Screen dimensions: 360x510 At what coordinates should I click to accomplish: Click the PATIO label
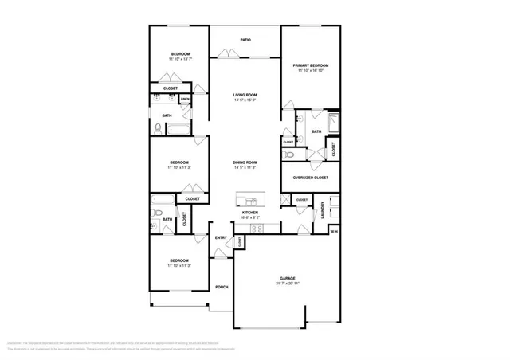245,39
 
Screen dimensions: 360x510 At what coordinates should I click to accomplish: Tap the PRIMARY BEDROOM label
310,65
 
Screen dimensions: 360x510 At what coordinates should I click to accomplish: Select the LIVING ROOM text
245,94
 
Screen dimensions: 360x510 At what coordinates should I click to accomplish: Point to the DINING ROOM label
245,162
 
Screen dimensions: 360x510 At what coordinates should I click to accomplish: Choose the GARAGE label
287,278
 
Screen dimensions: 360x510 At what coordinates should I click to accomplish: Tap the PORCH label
222,287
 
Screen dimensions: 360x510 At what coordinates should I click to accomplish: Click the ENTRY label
221,237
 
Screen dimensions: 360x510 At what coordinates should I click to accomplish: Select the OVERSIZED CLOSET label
311,178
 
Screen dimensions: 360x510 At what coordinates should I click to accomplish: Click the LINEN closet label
185,100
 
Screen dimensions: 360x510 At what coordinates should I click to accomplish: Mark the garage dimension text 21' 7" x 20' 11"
287,284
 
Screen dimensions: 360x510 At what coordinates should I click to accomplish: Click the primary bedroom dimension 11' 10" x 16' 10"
310,71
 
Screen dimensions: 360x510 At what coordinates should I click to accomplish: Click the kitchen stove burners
257,229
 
